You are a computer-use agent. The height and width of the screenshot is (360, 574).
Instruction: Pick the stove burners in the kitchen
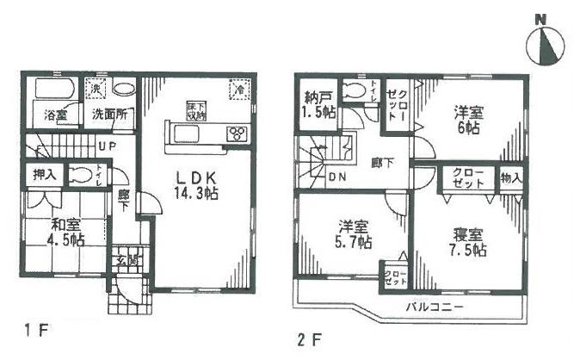pyautogui.click(x=236, y=133)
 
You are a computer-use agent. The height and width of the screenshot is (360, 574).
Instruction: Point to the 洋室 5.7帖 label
pyautogui.click(x=354, y=234)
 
